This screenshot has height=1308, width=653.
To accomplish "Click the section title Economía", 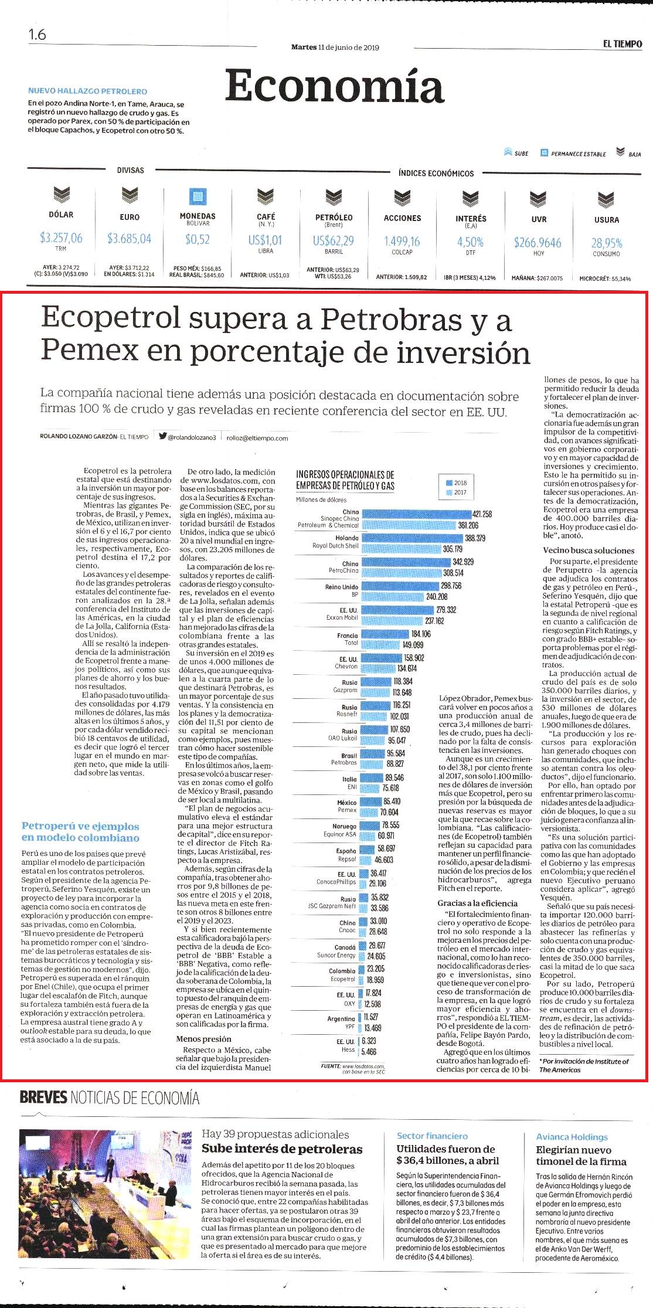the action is point(334,86).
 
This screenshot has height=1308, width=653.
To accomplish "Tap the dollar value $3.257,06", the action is point(61,238).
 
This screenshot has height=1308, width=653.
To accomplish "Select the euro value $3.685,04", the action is point(130,239).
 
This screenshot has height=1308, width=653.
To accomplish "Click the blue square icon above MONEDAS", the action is point(198,196).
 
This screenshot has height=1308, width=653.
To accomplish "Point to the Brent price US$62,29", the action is point(334,240).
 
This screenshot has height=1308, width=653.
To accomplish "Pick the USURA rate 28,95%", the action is point(607,243).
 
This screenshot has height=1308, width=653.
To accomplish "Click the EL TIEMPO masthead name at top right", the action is point(623,44).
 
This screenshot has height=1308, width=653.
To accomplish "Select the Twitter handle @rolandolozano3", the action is point(192,437).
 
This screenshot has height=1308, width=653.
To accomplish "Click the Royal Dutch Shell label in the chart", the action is point(335,546).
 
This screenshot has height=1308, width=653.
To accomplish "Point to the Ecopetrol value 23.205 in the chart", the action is point(376,969).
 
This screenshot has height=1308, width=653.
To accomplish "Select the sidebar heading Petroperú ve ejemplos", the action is point(80,826).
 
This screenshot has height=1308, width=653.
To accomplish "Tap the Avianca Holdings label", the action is point(572,1137).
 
